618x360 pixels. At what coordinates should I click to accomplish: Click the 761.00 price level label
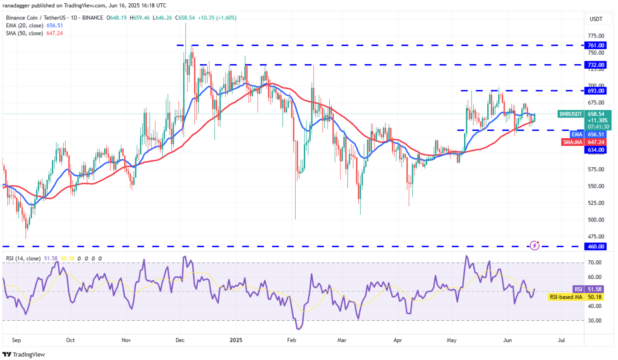(596, 46)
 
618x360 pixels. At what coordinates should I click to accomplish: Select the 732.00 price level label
(596, 65)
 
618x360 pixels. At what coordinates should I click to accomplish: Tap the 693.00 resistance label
(596, 91)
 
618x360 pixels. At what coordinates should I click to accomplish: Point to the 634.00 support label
(596, 150)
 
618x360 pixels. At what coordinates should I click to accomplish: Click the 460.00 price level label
(596, 247)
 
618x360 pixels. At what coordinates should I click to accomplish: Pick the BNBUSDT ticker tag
(570, 114)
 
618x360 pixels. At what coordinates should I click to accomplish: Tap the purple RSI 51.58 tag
(588, 289)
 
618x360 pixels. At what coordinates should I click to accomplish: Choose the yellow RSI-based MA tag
(575, 297)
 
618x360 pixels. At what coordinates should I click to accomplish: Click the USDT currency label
(596, 19)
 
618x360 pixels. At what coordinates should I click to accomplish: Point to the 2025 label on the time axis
(236, 340)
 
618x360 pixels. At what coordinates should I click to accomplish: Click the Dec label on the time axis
(180, 340)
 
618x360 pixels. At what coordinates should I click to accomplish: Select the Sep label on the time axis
(17, 340)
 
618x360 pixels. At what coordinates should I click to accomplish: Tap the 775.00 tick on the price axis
(596, 36)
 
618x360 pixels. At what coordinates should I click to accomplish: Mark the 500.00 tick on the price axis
(596, 220)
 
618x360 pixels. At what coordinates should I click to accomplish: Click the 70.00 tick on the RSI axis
(595, 263)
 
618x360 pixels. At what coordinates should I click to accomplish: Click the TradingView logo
(24, 355)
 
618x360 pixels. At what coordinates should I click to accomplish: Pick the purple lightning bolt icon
(535, 246)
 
